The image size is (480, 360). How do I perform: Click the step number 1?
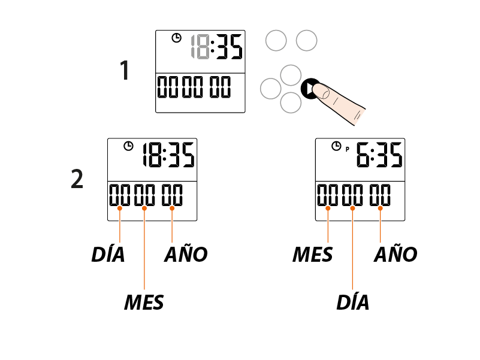[x=125, y=71]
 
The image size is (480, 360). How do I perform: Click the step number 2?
[x=77, y=179]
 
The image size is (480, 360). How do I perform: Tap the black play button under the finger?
[x=308, y=89]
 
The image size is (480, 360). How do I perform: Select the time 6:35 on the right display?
[x=378, y=157]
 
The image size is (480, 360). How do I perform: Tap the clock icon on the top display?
[x=176, y=38]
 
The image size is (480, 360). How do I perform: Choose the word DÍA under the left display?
[x=108, y=255]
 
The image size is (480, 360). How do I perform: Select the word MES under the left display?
[x=144, y=302]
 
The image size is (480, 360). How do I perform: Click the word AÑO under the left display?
[x=186, y=254]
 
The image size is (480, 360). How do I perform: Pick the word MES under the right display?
[x=312, y=255]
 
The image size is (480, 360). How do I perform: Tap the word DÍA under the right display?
[x=352, y=302]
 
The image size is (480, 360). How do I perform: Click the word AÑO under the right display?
[x=396, y=254]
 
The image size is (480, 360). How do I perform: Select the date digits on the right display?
[x=354, y=195]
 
